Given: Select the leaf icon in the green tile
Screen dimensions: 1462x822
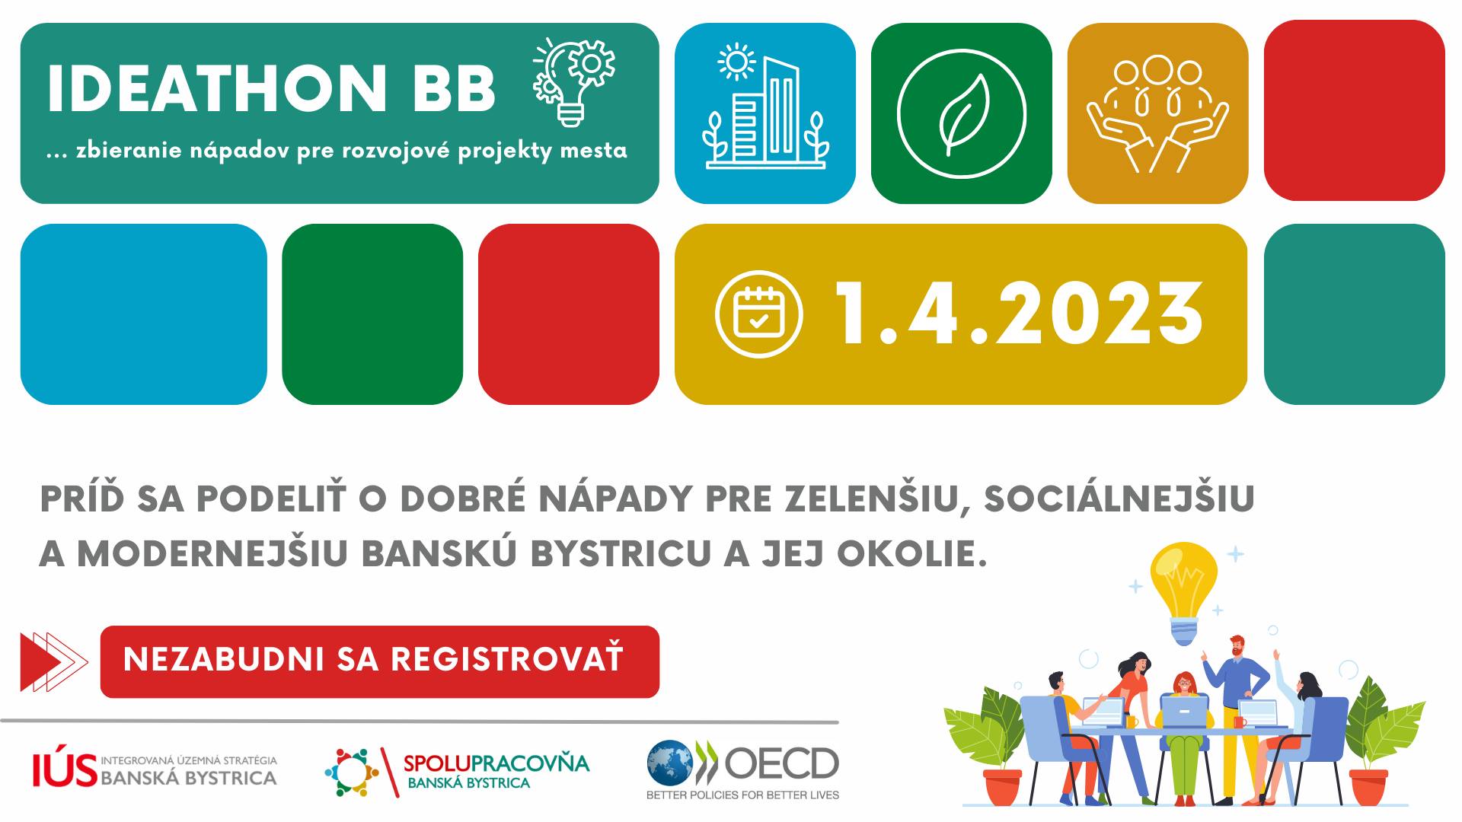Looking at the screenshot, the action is (961, 114).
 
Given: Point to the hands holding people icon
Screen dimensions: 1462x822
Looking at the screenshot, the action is (1157, 114).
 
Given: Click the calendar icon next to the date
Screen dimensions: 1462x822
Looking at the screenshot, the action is (759, 314).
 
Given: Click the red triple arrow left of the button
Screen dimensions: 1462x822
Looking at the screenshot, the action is (54, 661).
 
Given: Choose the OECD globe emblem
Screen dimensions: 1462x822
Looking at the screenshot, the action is (671, 763).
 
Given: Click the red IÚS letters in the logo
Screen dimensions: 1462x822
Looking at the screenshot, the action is (65, 770).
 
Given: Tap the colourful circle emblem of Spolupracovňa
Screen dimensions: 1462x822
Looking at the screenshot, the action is (352, 773).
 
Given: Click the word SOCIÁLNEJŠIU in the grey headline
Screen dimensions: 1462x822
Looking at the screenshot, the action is (1119, 499).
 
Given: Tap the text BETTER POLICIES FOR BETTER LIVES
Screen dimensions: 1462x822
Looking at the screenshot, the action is (742, 795).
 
